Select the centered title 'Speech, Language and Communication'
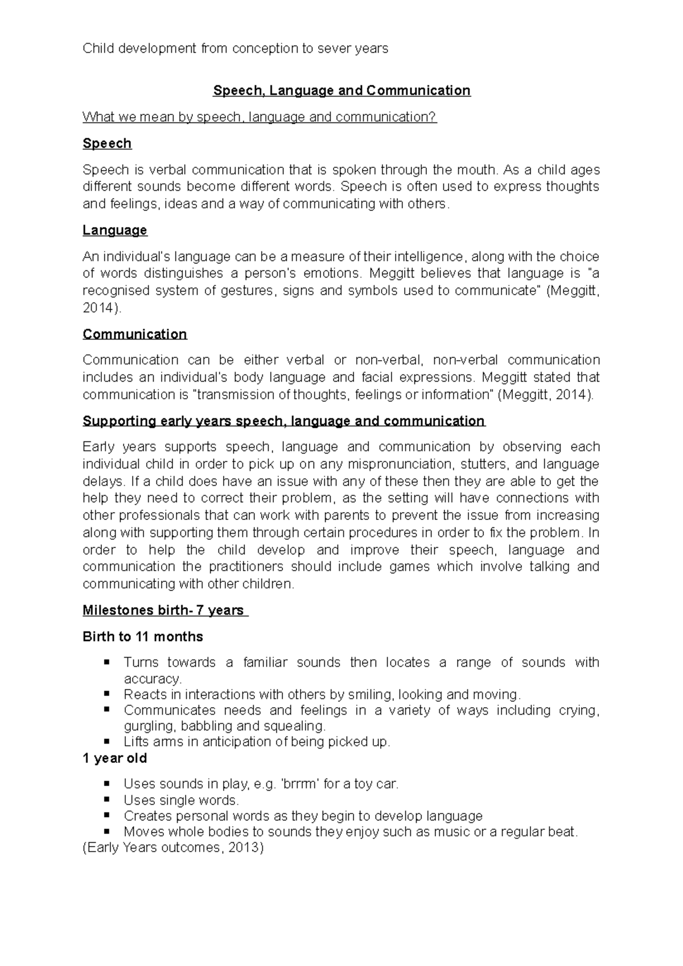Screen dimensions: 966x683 (341, 91)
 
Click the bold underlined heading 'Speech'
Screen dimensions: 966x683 (107, 144)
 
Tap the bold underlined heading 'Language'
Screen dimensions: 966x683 (115, 230)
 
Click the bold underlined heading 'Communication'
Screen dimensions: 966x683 (135, 334)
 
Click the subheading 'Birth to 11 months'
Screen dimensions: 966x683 (143, 637)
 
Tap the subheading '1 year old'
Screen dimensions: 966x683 (115, 758)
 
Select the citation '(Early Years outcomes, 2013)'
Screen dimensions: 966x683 (173, 848)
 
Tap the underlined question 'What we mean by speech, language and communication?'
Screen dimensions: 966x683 (260, 118)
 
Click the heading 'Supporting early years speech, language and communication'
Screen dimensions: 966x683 (283, 421)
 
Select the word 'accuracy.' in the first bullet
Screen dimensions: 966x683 (153, 679)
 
